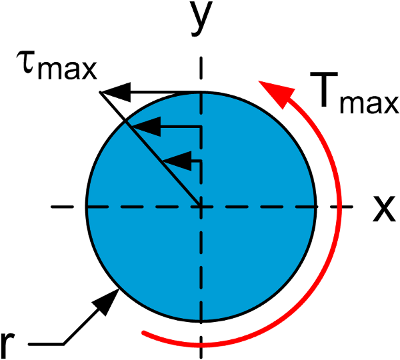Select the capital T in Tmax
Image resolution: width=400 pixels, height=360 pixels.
324,89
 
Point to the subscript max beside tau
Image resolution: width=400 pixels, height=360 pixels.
67,70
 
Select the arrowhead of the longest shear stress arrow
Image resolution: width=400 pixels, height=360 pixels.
115,92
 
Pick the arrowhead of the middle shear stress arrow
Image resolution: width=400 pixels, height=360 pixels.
147,127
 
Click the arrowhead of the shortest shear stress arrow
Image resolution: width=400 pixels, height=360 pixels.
177,161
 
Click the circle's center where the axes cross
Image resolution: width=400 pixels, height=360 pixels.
201,207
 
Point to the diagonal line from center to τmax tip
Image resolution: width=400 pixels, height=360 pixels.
150,149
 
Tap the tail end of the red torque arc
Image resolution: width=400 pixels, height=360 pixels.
143,332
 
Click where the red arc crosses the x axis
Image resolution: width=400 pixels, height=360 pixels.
339,207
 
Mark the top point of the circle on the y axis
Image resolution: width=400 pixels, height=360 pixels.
201,92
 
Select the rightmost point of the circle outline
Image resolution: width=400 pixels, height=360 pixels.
316,207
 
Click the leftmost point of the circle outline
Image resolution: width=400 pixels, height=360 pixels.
87,207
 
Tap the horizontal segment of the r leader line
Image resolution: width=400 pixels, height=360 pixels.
46,344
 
